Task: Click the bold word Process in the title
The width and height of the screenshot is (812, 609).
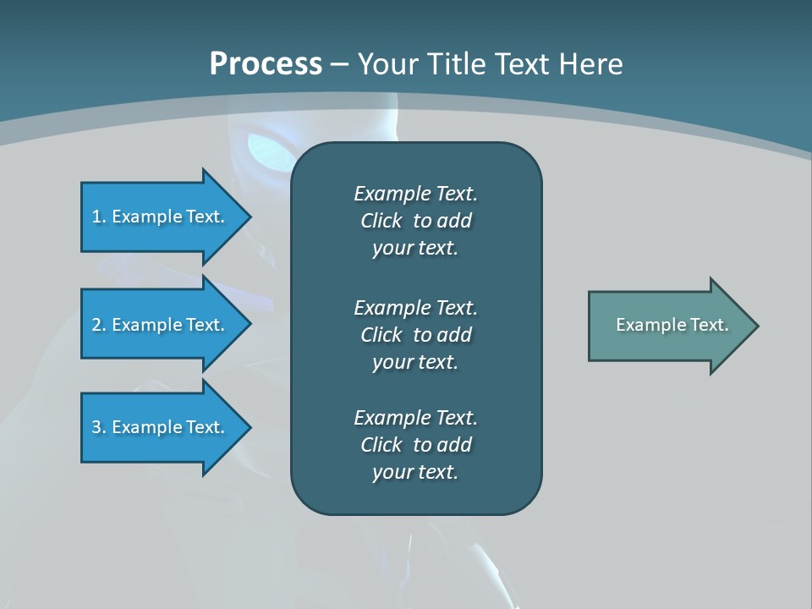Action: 266,64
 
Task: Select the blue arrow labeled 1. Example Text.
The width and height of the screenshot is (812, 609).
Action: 161,217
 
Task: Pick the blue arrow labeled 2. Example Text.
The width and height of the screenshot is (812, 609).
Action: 161,325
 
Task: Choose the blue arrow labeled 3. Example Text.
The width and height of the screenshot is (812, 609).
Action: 161,427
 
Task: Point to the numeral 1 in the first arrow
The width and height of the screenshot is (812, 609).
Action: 96,217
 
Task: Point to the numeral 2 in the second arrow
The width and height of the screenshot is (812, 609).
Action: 96,325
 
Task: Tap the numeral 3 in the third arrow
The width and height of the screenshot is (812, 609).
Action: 96,427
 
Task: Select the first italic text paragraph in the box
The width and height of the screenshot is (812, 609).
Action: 415,221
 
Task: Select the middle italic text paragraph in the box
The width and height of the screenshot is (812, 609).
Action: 415,335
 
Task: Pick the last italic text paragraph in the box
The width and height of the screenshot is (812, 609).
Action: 415,445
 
